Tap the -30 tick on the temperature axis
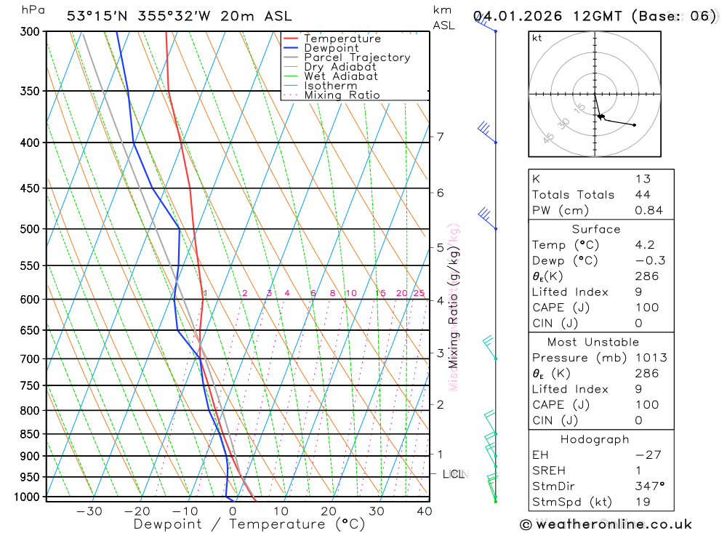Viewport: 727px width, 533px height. tap(89, 511)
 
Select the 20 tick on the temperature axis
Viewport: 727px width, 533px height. tap(329, 511)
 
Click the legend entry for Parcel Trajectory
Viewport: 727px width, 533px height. tap(357, 57)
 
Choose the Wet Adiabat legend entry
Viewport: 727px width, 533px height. tap(341, 76)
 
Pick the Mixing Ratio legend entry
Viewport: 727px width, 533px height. tap(342, 95)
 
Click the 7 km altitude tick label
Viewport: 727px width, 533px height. tap(440, 137)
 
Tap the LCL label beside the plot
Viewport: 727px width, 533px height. tap(454, 474)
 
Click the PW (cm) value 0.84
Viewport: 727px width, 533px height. tap(649, 211)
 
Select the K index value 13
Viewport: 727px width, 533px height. tap(643, 179)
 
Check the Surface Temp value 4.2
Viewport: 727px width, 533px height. tap(644, 245)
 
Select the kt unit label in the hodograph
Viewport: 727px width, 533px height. tap(537, 38)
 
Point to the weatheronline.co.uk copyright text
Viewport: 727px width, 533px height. tap(606, 524)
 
